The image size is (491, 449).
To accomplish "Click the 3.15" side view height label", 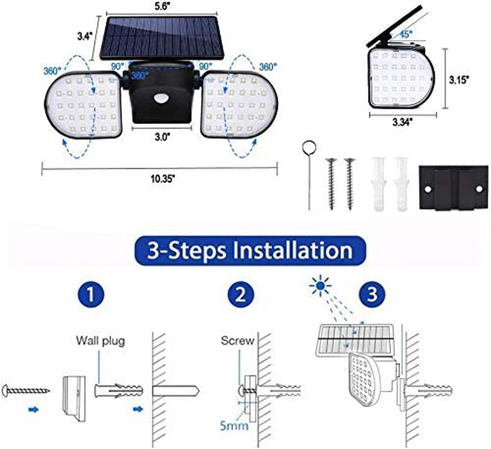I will pyautogui.click(x=459, y=79).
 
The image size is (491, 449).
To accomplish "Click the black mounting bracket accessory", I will pyautogui.click(x=453, y=188).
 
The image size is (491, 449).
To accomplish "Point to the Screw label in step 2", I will pyautogui.click(x=237, y=340).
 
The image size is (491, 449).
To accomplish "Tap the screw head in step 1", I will pyautogui.click(x=7, y=389).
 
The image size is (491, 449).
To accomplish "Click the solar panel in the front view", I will pyautogui.click(x=161, y=37).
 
